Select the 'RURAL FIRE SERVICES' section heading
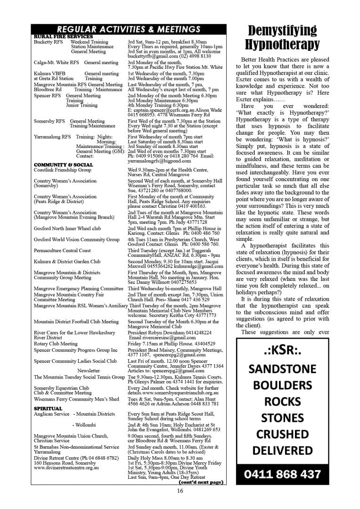point(63,37)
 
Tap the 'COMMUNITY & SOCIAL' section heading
point(63,165)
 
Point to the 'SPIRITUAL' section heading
point(48,409)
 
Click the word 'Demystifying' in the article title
point(282,31)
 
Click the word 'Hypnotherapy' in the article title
point(282,45)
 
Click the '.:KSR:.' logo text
point(282,351)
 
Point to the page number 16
point(180,491)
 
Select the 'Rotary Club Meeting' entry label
point(56,344)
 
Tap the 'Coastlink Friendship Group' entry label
point(63,170)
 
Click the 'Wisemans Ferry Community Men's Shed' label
point(76,399)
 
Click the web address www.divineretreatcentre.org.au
point(66,467)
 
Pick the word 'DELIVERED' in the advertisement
point(282,450)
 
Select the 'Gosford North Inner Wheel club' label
point(67,228)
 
